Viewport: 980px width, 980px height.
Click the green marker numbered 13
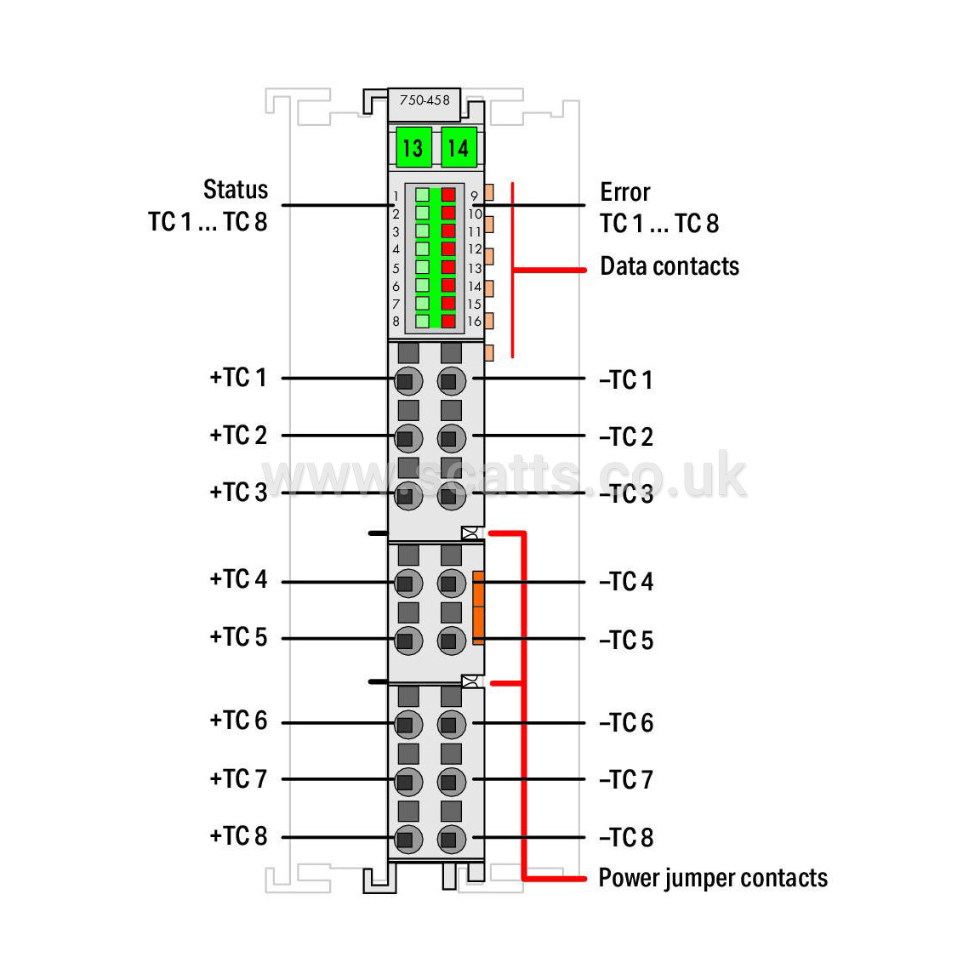point(413,147)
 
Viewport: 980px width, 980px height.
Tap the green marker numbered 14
point(459,147)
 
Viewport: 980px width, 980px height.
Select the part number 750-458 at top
point(424,100)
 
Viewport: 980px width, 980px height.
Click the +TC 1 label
point(238,378)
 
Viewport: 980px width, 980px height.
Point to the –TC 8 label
point(626,837)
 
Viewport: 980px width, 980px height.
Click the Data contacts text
point(669,266)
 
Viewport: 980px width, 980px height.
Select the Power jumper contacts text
point(713,878)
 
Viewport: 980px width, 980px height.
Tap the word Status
point(236,190)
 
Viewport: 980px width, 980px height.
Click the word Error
point(625,192)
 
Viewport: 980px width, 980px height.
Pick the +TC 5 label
point(238,637)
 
